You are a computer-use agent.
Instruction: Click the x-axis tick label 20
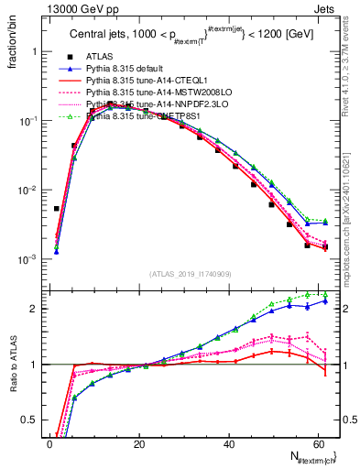pos(139,444)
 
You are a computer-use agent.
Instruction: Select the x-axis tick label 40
pos(228,444)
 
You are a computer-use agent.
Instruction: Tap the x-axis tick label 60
pos(317,444)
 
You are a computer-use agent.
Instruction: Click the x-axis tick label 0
pos(50,444)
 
